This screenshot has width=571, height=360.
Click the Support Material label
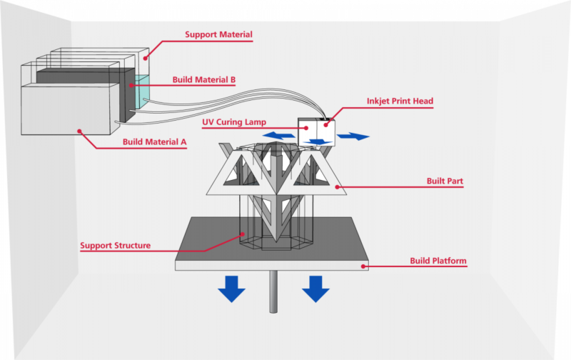coord(218,34)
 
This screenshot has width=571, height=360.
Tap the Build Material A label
coord(154,142)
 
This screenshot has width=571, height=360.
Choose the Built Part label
coord(443,181)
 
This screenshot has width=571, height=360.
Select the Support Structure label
coord(115,246)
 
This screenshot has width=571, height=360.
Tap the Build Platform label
coord(438,261)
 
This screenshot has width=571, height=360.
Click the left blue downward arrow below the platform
coord(231,289)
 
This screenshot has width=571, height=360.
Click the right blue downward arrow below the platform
coord(315,289)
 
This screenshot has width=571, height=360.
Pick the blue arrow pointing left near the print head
coord(278,135)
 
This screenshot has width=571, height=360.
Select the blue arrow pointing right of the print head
coord(353,135)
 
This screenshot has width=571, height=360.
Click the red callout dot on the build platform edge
coord(363,266)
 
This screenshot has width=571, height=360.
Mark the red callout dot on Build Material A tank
coord(80,131)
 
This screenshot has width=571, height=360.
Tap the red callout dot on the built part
coord(338,188)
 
